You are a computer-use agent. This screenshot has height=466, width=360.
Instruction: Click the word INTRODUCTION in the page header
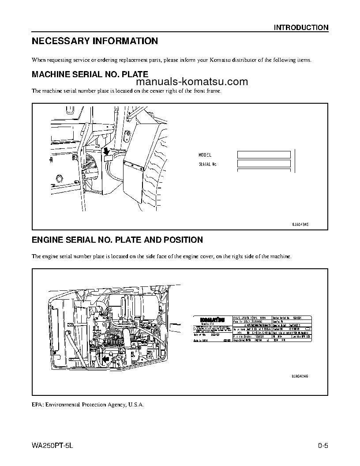pyautogui.click(x=301, y=27)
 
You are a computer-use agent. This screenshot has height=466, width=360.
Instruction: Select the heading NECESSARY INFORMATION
pyautogui.click(x=95, y=41)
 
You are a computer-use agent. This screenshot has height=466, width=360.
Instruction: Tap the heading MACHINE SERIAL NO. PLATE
pyautogui.click(x=90, y=75)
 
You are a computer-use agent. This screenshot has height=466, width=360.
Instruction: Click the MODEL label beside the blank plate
pyautogui.click(x=205, y=155)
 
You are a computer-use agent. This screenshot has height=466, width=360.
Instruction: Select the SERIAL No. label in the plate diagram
pyautogui.click(x=208, y=164)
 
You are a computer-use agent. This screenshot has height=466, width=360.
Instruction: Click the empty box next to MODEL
pyautogui.click(x=264, y=155)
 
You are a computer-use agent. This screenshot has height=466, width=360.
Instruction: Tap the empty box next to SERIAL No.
pyautogui.click(x=264, y=164)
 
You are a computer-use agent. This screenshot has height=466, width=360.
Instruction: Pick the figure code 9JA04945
pyautogui.click(x=300, y=224)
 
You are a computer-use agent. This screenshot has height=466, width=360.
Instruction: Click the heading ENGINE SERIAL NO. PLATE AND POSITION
pyautogui.click(x=117, y=240)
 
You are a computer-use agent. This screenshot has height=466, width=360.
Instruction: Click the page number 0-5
pyautogui.click(x=323, y=445)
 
